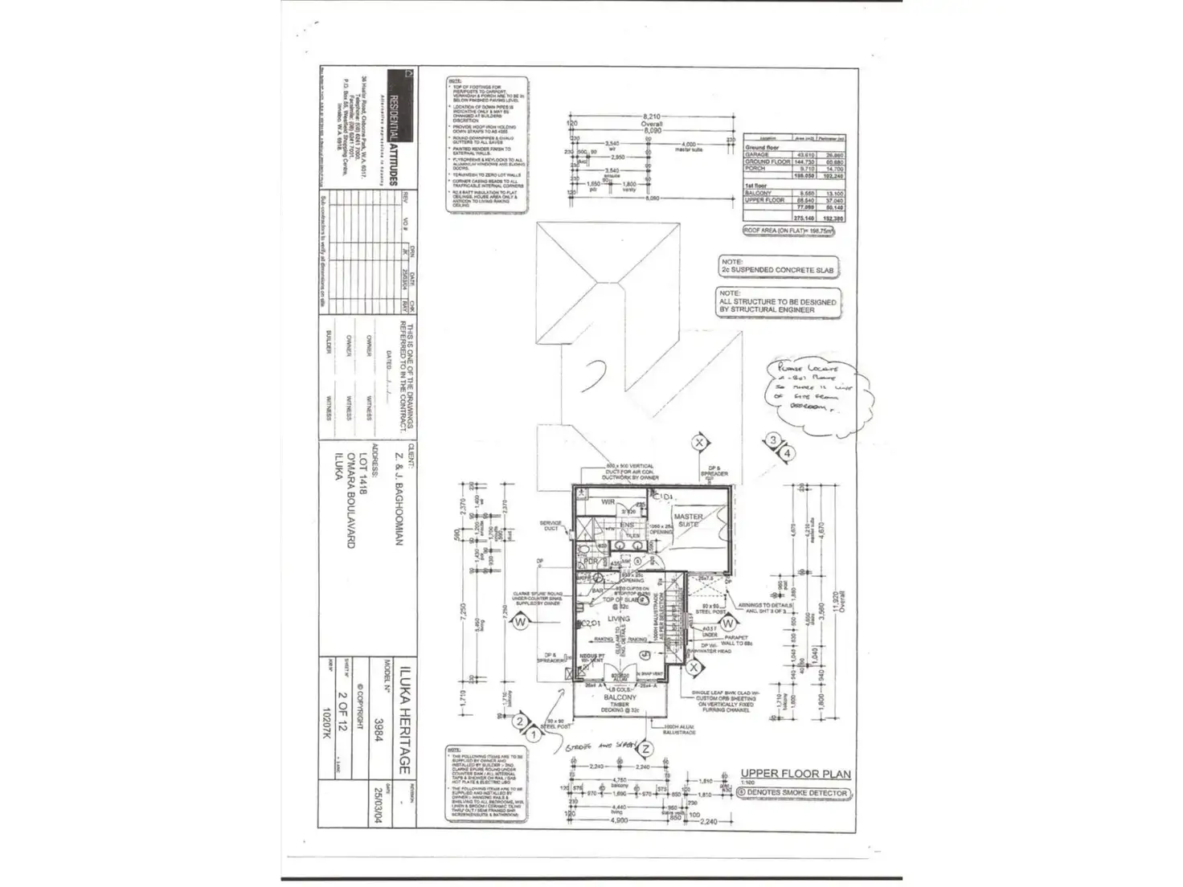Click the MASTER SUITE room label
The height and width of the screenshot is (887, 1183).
[x=689, y=520]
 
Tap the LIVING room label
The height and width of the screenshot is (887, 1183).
[x=619, y=619]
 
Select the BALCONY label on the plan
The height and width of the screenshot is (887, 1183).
[x=620, y=697]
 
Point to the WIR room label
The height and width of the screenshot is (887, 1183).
[x=608, y=502]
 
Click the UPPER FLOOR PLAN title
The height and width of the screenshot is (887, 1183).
[x=796, y=774]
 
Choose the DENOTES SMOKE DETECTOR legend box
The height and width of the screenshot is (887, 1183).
[x=793, y=793]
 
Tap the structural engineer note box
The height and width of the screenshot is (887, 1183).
[x=777, y=302]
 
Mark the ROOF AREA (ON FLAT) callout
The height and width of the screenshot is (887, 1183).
[x=788, y=231]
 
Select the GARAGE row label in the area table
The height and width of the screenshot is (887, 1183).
[x=757, y=154]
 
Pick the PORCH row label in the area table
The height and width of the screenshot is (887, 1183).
[x=755, y=169]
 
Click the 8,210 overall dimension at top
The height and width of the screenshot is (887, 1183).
[x=652, y=117]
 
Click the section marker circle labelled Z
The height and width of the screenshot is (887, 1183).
[x=645, y=749]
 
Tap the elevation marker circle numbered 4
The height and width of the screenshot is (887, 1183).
[x=788, y=453]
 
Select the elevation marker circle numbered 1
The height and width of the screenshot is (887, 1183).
[x=532, y=734]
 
